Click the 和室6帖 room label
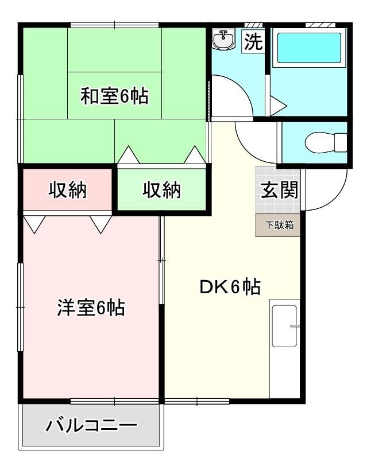(114, 96)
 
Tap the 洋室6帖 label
(91, 308)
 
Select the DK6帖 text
(230, 287)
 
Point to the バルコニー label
(91, 425)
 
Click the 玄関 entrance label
(279, 190)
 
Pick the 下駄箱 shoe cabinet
(278, 225)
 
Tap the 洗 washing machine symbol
(253, 41)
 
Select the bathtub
(309, 48)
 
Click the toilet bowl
(326, 143)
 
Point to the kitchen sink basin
(284, 326)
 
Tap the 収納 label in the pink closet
(68, 189)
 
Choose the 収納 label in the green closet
(161, 189)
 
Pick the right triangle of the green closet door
(195, 155)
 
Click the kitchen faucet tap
(295, 326)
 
